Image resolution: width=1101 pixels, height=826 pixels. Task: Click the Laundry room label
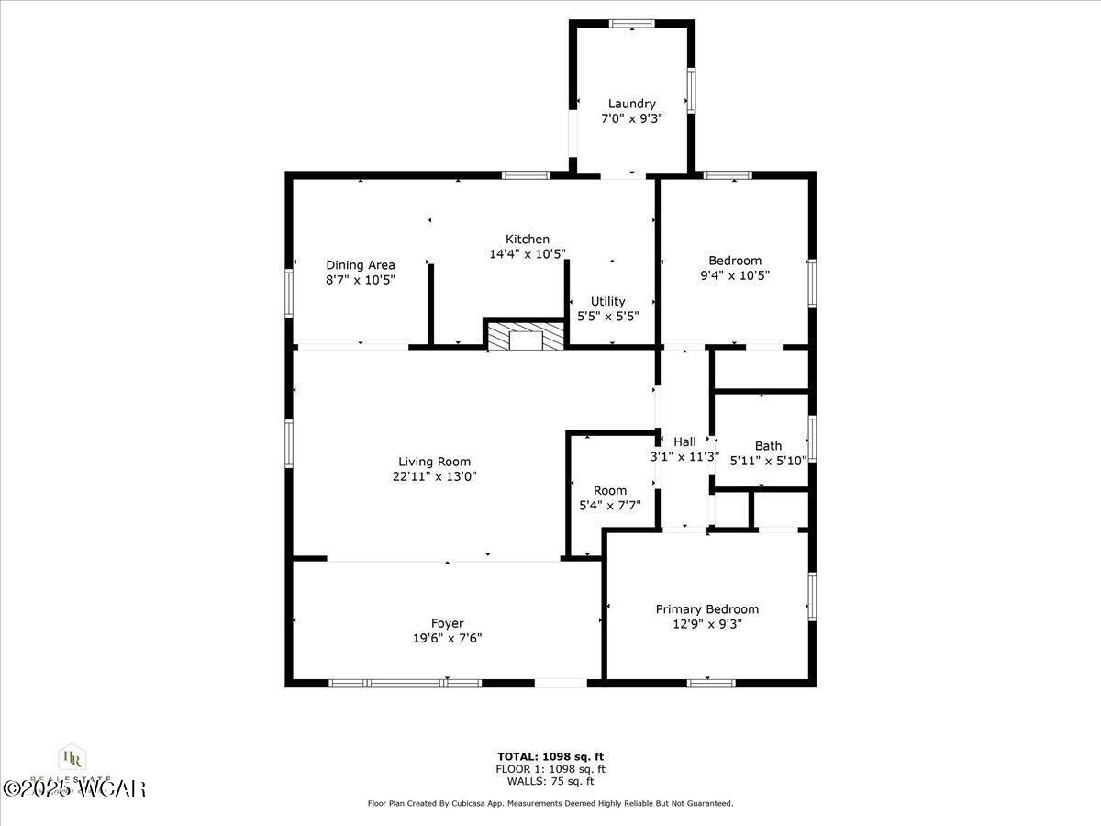[x=631, y=104]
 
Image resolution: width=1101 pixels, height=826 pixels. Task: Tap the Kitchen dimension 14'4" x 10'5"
[x=528, y=254]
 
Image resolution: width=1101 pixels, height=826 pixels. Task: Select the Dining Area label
[x=361, y=265]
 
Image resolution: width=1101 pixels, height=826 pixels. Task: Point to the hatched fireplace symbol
[x=525, y=336]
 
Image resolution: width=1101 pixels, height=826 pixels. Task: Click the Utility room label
[x=607, y=301]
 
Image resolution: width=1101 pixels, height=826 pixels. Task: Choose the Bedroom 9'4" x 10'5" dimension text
[x=734, y=274]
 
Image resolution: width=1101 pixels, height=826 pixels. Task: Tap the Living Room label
[x=434, y=462]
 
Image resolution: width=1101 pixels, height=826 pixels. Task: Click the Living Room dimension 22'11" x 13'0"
[x=434, y=476]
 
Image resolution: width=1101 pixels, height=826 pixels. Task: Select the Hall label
[x=684, y=441]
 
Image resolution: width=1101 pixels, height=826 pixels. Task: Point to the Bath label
[x=768, y=446]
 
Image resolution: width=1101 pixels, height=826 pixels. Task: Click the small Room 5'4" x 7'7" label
[x=610, y=490]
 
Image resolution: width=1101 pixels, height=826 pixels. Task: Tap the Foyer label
[x=447, y=623]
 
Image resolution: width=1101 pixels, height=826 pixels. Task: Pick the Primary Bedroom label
[x=706, y=608]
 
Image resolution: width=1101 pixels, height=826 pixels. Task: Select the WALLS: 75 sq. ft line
[x=550, y=781]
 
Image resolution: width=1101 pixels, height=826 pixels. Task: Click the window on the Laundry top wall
[x=631, y=24]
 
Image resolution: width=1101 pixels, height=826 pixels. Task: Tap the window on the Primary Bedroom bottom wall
[x=711, y=682]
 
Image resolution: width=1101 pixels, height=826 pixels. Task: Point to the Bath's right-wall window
[x=812, y=439]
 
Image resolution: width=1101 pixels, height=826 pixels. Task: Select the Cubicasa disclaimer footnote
[x=550, y=803]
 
